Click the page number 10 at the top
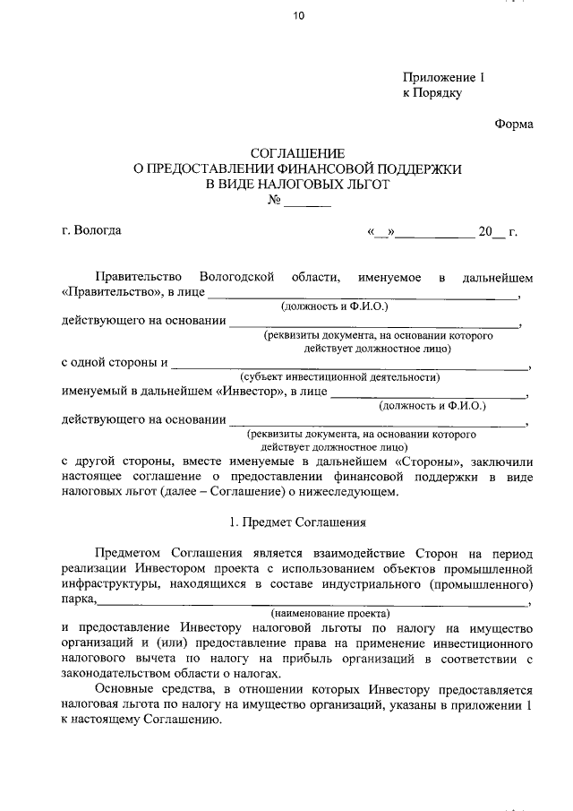point(286,15)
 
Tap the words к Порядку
point(432,93)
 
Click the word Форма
point(513,125)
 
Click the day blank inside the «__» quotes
point(381,231)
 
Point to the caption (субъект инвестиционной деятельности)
point(339,377)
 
